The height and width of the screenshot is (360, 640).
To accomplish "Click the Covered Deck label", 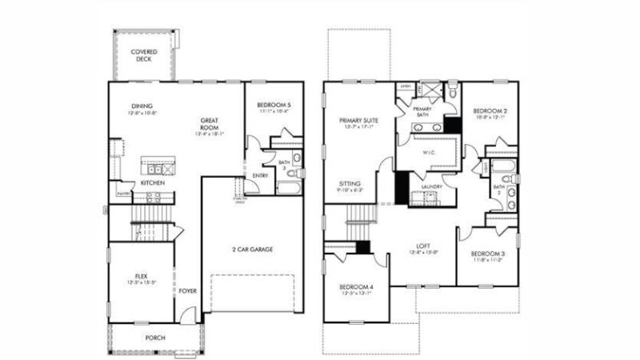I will tap(145, 54).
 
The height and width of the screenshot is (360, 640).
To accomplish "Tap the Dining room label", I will tap(142, 106).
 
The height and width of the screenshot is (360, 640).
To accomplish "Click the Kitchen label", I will tap(153, 183).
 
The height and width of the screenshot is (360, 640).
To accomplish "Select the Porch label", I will tap(154, 338).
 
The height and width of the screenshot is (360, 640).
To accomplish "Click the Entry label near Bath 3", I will tap(261, 175).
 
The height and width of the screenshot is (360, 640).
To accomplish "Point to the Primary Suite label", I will tap(358, 120).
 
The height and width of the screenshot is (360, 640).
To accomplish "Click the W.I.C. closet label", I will tap(427, 150).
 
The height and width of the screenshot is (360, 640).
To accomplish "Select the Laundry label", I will tap(432, 188).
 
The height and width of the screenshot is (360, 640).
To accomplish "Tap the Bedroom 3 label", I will tap(486, 254).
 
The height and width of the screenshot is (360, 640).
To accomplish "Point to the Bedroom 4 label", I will tap(356, 286).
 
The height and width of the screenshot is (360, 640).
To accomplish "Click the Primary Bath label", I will tap(422, 110).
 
